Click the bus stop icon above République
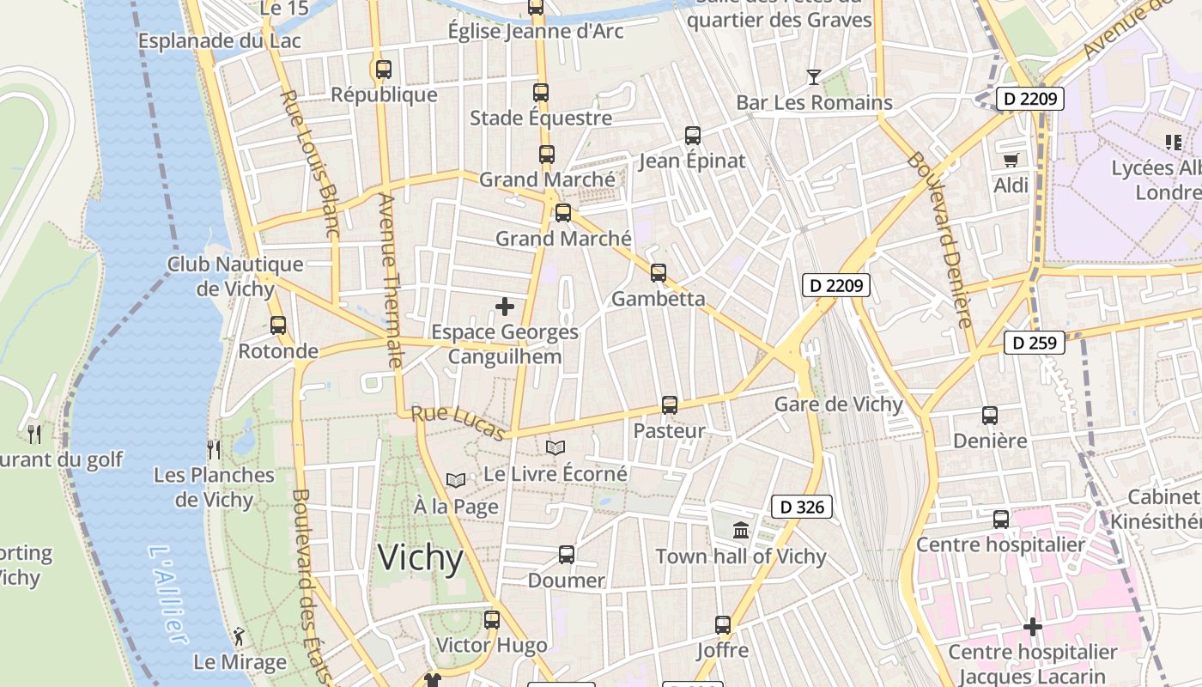[x=383, y=70]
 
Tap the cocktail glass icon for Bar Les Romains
[x=813, y=77]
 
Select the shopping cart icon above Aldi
[x=1011, y=160]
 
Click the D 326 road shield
[x=803, y=507]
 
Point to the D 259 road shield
[x=1035, y=343]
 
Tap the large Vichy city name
[x=421, y=558]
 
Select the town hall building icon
[x=741, y=531]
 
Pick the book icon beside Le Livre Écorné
[x=555, y=447]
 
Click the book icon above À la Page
[x=456, y=480]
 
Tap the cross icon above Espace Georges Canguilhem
[x=505, y=306]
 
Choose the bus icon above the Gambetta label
[x=659, y=273]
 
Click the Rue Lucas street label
[x=458, y=423]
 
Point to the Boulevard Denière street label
[x=940, y=240]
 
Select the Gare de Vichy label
[x=839, y=404]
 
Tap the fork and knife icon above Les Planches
[x=214, y=449]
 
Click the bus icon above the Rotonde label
[x=277, y=325]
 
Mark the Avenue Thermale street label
[x=390, y=280]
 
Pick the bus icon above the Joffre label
[x=723, y=625]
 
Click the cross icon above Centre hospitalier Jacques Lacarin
[x=1032, y=627]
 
